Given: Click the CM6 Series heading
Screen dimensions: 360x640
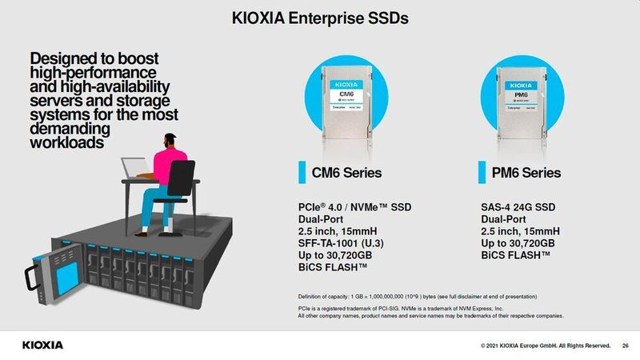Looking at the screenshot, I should click(x=346, y=173).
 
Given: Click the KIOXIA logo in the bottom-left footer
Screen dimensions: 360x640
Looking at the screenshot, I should click(x=42, y=345).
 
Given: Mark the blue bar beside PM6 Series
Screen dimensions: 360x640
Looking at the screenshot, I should click(x=482, y=173).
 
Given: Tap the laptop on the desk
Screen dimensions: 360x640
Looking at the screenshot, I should click(x=134, y=169).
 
